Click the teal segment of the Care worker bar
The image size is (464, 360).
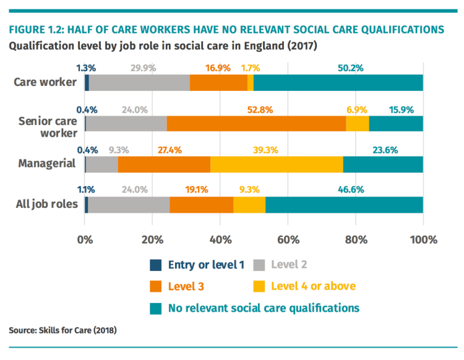point(338,83)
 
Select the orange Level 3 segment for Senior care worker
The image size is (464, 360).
point(256,124)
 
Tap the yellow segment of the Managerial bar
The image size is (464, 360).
point(277,164)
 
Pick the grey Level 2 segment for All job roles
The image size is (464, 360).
point(129,205)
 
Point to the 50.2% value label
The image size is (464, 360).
point(350,69)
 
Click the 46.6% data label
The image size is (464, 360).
point(350,191)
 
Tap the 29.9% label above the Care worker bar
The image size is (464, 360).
point(143,69)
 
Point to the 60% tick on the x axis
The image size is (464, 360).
point(288,239)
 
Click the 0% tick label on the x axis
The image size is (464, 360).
point(85,239)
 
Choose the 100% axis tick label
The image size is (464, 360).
point(423,239)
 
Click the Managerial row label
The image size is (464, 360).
point(46,164)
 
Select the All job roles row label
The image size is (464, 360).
point(48,205)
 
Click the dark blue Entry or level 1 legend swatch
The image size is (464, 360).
point(156,265)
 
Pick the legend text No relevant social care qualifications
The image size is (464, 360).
point(264,307)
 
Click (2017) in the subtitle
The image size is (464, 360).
point(302,46)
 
